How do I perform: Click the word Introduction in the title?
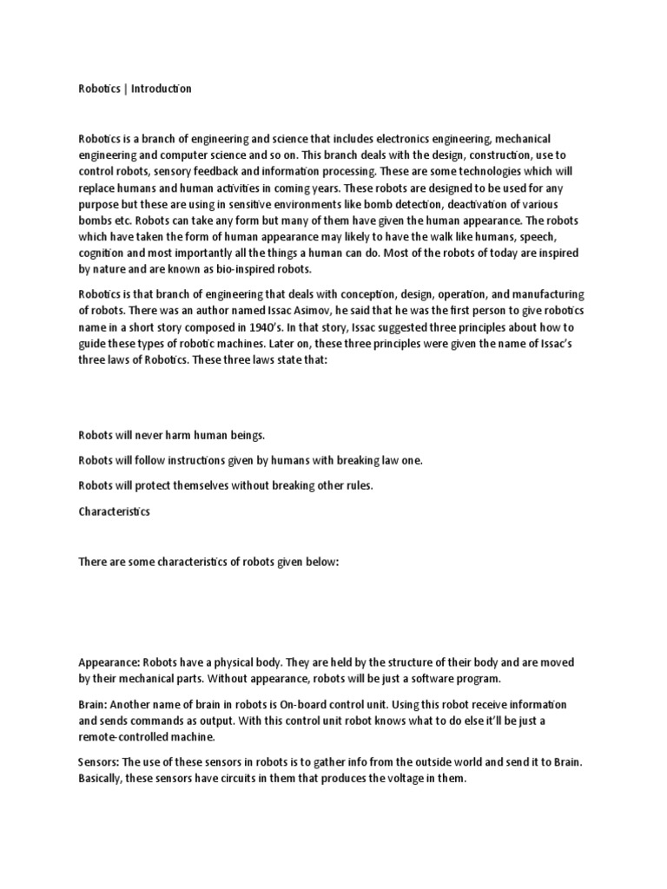coord(162,89)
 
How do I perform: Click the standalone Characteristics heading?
coord(114,511)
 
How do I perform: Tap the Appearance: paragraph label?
coord(109,662)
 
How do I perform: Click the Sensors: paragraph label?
coord(99,761)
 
